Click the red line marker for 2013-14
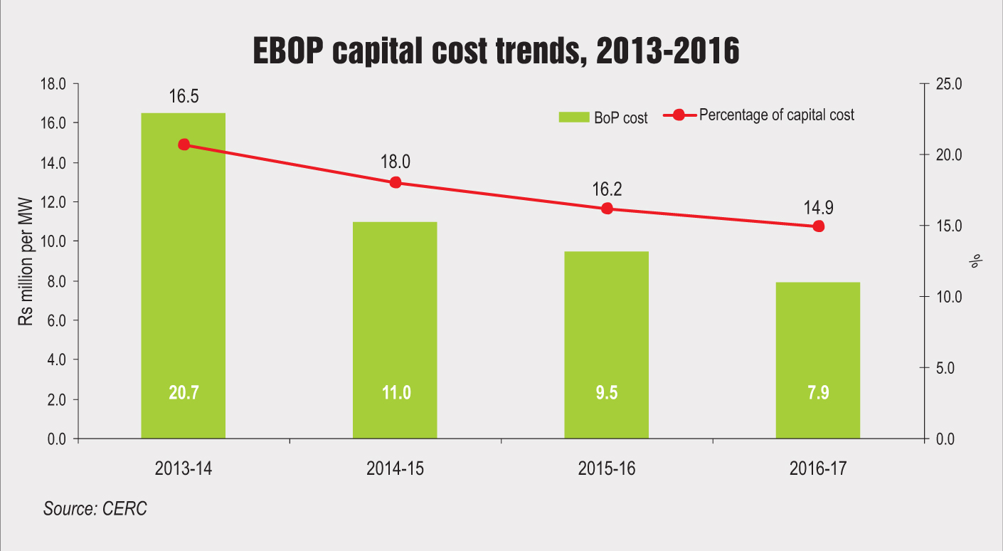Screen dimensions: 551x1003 click(x=184, y=145)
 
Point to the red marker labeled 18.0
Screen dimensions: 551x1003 click(x=396, y=182)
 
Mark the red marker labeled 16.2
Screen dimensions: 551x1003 click(x=607, y=209)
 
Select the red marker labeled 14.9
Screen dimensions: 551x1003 click(x=818, y=226)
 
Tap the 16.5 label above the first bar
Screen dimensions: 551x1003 click(x=184, y=97)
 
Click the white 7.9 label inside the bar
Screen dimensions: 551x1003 click(x=818, y=392)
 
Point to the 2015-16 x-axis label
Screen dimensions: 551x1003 click(x=607, y=469)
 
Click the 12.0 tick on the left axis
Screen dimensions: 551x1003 click(x=53, y=202)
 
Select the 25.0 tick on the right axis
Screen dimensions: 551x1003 click(x=949, y=84)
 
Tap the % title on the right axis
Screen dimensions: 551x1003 click(x=975, y=261)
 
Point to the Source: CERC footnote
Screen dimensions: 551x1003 click(x=95, y=509)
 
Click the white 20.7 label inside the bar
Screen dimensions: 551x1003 click(x=183, y=392)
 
